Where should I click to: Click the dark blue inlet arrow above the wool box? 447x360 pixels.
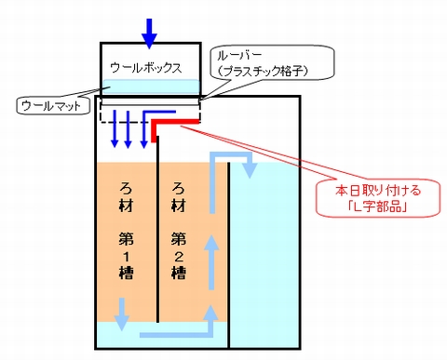pyautogui.click(x=150, y=33)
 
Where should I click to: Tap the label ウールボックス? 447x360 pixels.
pyautogui.click(x=146, y=68)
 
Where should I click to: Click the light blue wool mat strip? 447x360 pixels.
pyautogui.click(x=151, y=87)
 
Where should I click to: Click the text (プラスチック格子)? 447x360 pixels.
pyautogui.click(x=263, y=72)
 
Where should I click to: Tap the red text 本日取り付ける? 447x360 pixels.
pyautogui.click(x=378, y=190)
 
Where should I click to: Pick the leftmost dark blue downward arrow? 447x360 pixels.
pyautogui.click(x=115, y=128)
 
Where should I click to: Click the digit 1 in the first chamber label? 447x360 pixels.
pyautogui.click(x=127, y=257)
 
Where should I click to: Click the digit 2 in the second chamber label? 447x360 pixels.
pyautogui.click(x=179, y=257)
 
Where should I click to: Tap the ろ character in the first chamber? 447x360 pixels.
pyautogui.click(x=126, y=188)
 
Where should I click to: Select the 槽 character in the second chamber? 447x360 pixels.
pyautogui.click(x=178, y=273)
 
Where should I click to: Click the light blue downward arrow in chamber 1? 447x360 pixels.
pyautogui.click(x=121, y=313)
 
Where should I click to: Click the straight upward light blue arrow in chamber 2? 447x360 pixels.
pyautogui.click(x=211, y=262)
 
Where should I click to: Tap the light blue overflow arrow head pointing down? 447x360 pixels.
pyautogui.click(x=250, y=170)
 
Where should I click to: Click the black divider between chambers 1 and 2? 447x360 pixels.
pyautogui.click(x=157, y=229)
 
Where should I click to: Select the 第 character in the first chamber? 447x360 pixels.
pyautogui.click(x=126, y=239)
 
